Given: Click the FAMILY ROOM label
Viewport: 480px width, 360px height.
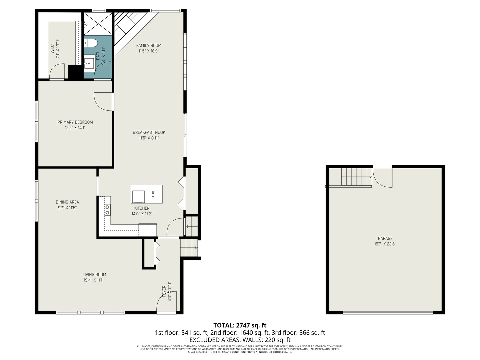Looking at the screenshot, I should pyautogui.click(x=149, y=46).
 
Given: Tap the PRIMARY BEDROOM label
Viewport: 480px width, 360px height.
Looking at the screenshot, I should pyautogui.click(x=75, y=122).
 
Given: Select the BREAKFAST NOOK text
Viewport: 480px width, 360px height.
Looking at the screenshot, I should pyautogui.click(x=149, y=132).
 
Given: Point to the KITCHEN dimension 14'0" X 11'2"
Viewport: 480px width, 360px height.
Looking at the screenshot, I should pyautogui.click(x=142, y=214).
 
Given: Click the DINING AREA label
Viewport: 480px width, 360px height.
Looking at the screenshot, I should pyautogui.click(x=67, y=202).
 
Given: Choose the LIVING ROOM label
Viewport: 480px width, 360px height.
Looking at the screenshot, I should pyautogui.click(x=94, y=275).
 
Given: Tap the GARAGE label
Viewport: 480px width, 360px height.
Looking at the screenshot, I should pyautogui.click(x=385, y=238).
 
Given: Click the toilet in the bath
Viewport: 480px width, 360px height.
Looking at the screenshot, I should pyautogui.click(x=90, y=43).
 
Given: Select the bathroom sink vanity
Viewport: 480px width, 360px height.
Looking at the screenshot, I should pyautogui.click(x=89, y=63).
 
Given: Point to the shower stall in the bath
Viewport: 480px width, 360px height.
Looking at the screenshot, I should pyautogui.click(x=98, y=24).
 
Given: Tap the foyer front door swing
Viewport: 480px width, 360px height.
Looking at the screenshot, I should pyautogui.click(x=166, y=302).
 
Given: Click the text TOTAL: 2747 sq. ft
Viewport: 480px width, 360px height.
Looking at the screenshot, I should pyautogui.click(x=240, y=325).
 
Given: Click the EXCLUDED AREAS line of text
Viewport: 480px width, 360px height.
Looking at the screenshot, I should pyautogui.click(x=240, y=340).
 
